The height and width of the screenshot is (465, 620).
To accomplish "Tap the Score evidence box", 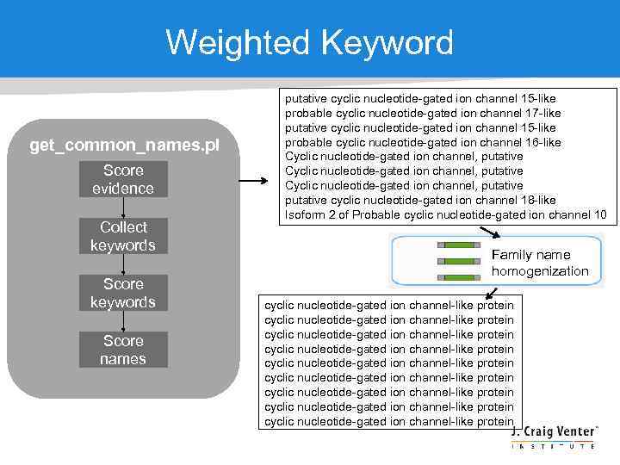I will (x=123, y=179).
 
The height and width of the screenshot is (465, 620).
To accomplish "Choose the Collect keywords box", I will (x=123, y=236).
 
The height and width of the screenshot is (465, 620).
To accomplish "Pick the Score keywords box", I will (x=123, y=293).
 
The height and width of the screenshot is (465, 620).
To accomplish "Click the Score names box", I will (x=123, y=350).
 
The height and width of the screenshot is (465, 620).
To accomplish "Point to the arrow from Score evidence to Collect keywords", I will (x=124, y=208).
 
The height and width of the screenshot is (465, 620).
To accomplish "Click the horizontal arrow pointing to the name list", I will (x=253, y=182).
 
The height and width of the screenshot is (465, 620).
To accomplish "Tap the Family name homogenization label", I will (x=540, y=263).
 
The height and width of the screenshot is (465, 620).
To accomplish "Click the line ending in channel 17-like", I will (x=423, y=113).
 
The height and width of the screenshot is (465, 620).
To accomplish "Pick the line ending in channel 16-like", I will (x=423, y=142).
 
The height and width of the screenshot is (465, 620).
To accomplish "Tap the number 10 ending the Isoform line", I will (x=599, y=214).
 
